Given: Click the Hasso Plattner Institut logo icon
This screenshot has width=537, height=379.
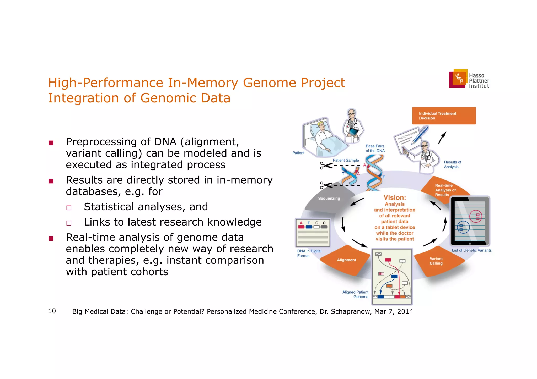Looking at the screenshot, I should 458,79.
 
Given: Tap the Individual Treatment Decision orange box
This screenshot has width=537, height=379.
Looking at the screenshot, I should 444,116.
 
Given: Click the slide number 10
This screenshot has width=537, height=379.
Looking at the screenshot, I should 52,311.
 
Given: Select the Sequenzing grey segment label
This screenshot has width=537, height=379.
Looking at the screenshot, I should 329,199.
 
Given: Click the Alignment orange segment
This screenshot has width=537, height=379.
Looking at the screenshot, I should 346,260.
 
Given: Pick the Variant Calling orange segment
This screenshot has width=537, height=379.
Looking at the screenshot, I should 436,261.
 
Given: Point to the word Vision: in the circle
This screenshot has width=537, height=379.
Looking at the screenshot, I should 395,197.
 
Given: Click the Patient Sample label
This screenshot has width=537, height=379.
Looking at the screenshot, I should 346,160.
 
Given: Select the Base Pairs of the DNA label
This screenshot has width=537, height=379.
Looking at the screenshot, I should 375,149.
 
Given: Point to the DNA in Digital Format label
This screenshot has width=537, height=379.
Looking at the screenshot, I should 309,253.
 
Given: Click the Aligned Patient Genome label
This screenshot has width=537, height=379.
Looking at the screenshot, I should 355,294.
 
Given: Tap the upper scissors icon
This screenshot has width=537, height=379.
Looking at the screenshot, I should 326,166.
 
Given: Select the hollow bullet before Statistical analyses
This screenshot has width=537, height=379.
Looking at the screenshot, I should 69,208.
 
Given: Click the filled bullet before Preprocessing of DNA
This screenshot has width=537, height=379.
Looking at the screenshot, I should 51,143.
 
